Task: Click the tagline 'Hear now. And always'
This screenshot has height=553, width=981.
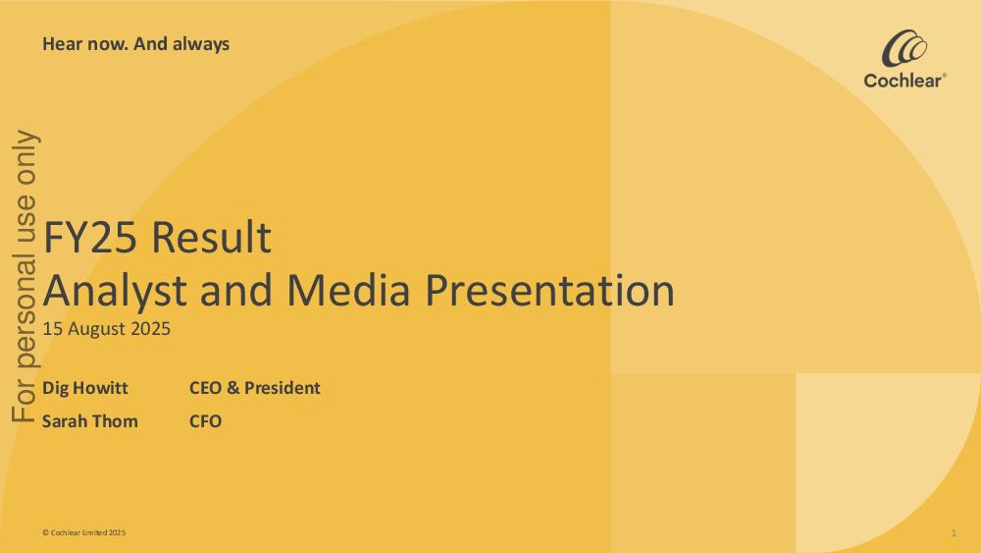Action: coord(135,44)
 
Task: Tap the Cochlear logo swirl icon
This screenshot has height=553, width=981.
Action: coord(904,48)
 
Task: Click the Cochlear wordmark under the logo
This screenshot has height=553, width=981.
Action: coord(904,81)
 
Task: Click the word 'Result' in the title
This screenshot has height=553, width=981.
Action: coord(212,237)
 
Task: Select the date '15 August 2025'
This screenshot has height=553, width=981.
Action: coord(106,329)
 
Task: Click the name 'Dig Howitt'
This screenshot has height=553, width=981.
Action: coord(85,388)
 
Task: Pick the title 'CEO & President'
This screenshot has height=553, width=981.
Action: coord(255,388)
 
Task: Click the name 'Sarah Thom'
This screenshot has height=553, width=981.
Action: coord(90,420)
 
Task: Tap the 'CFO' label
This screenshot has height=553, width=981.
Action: coord(205,420)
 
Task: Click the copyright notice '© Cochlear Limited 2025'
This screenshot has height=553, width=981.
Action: coord(83,532)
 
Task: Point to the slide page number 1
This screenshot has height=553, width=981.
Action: coord(954,533)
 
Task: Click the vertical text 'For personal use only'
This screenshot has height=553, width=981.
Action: coord(26,276)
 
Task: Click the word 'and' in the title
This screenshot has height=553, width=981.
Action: coord(235,290)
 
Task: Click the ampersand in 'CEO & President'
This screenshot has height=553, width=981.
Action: coord(232,388)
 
